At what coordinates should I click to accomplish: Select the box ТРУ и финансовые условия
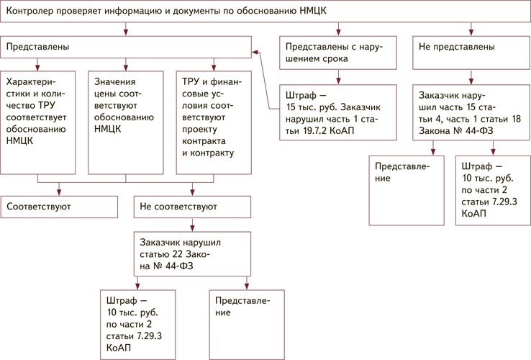(213, 122)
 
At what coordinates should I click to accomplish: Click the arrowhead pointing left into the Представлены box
(255, 53)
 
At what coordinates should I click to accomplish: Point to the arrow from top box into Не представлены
(471, 30)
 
